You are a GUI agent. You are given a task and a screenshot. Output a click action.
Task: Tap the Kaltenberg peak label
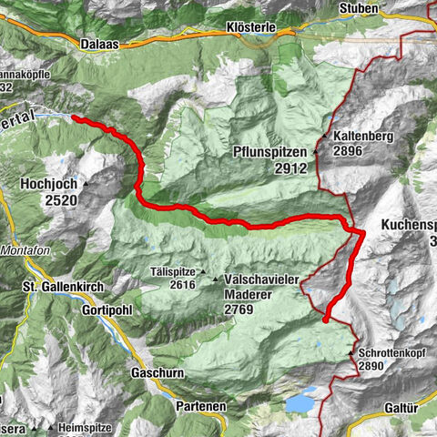[x=362, y=137]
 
